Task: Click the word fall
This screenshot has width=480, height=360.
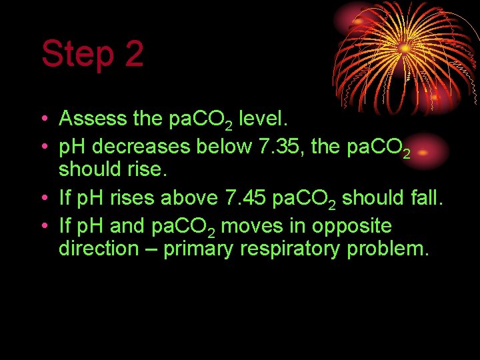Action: [424, 197]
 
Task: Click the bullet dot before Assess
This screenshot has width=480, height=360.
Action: [43, 119]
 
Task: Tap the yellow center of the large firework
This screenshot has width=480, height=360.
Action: [404, 48]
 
